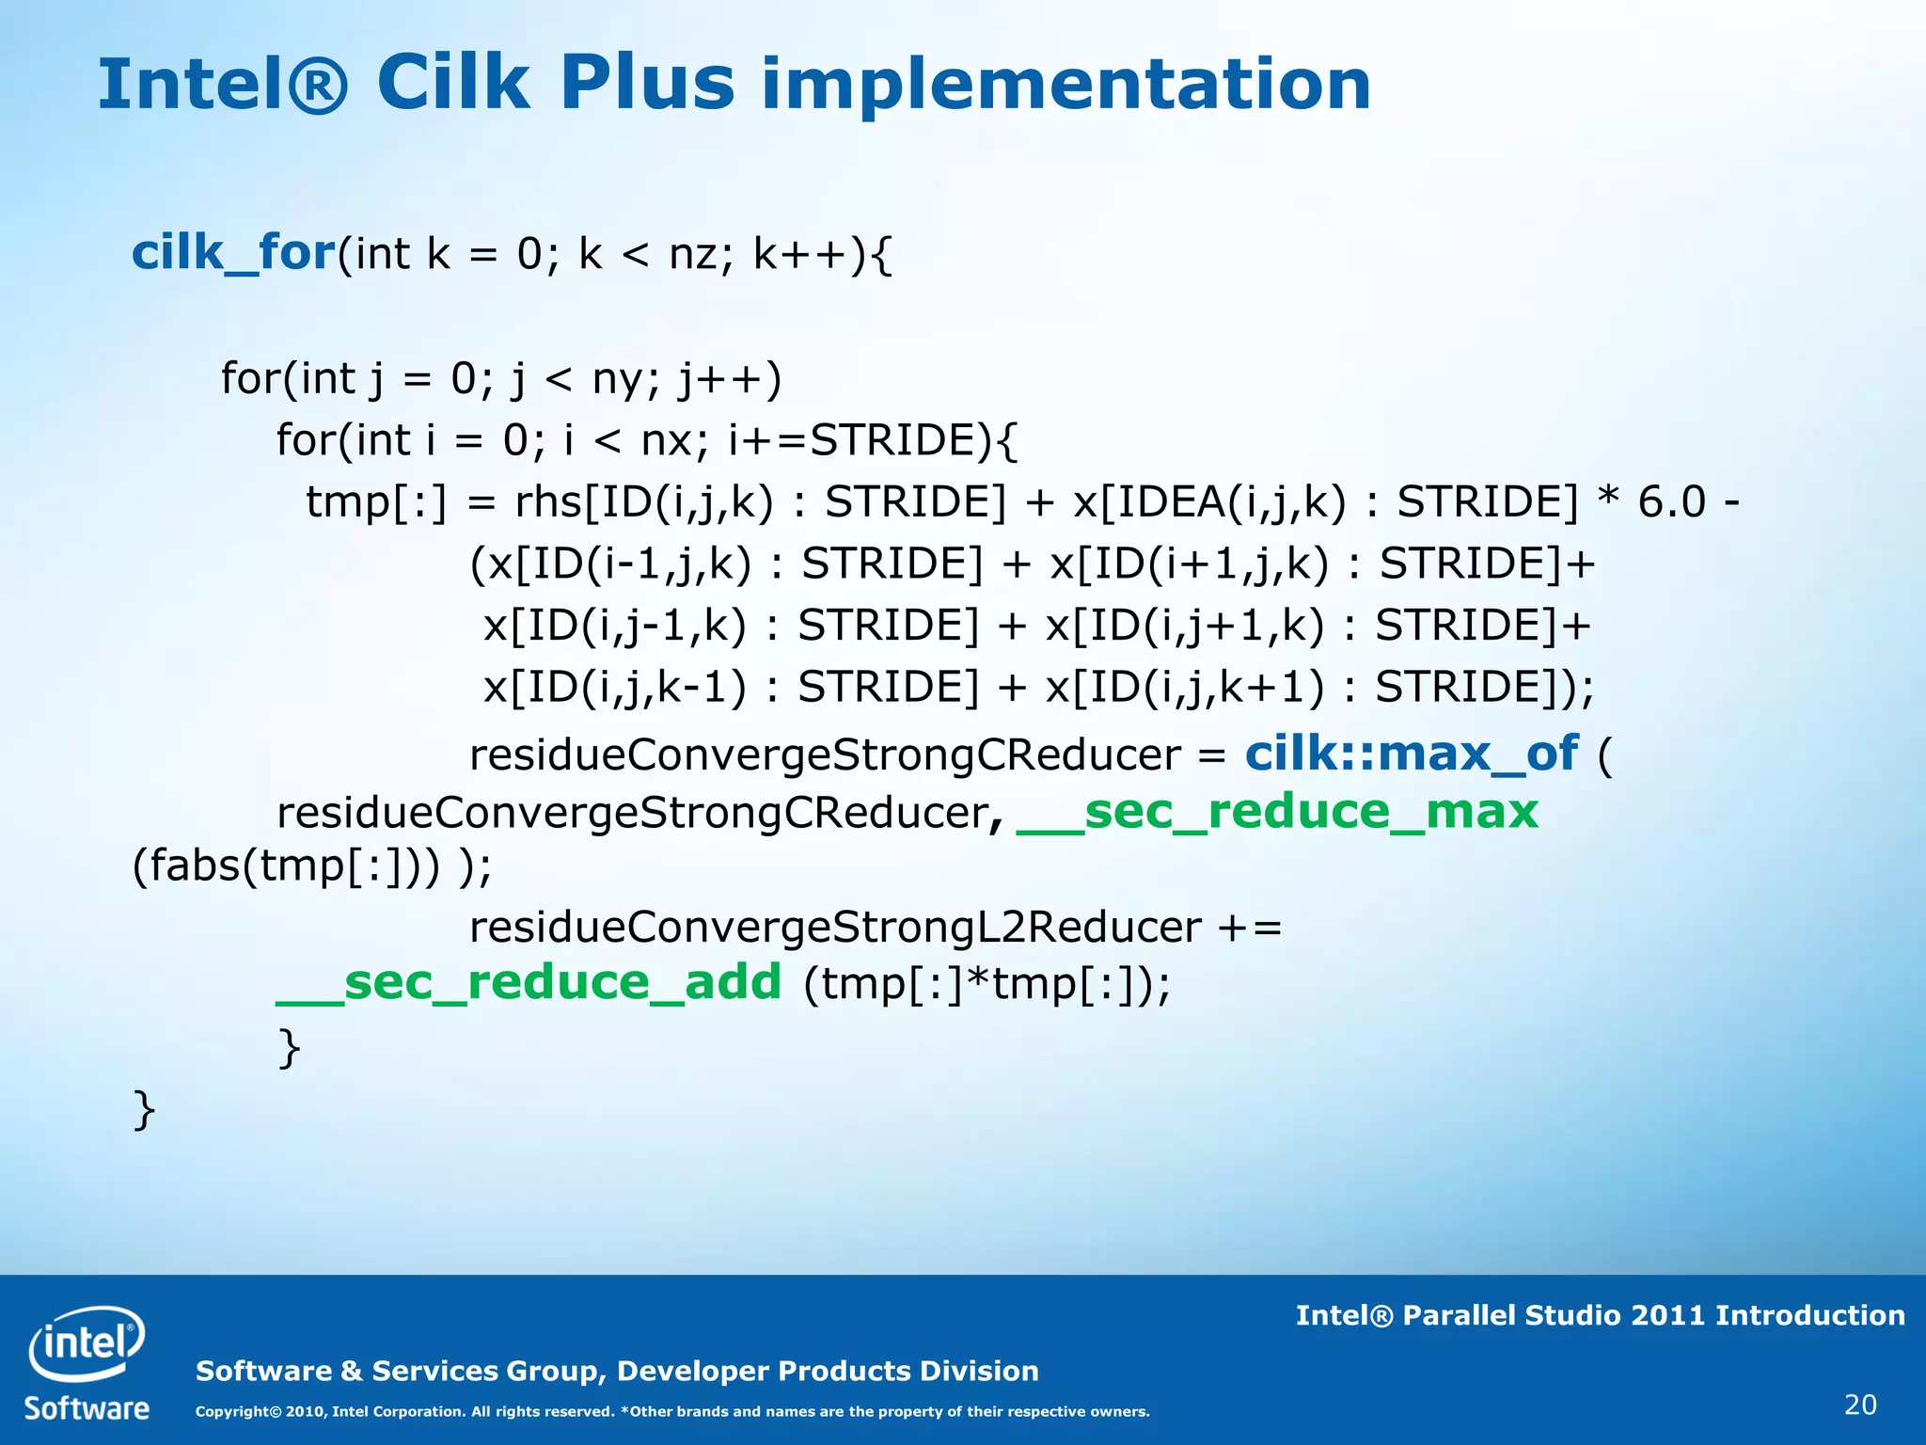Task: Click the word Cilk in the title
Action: point(452,85)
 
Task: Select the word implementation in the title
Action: point(1066,87)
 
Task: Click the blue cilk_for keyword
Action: point(233,253)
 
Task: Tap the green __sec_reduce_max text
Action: point(1277,812)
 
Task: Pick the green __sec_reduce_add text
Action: point(529,983)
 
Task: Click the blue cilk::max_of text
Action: point(1412,754)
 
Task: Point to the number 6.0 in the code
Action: point(1671,501)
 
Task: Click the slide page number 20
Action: point(1860,1405)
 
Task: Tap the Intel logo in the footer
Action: point(87,1342)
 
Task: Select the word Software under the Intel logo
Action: point(87,1408)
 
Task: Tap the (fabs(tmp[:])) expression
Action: point(286,865)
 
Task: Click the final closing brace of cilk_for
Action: point(144,1110)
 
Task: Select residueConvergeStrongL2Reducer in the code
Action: point(835,928)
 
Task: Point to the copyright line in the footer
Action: point(671,1411)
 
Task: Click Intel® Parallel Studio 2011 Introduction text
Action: point(1600,1315)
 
